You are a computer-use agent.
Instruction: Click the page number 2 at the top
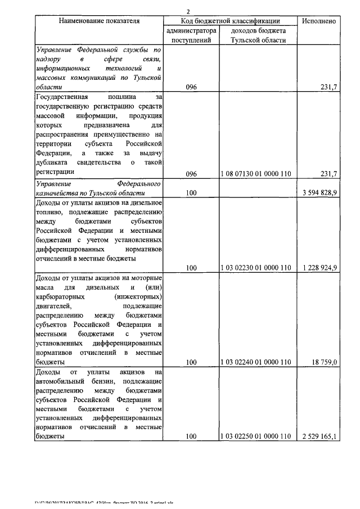189,11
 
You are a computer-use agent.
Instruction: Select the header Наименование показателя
99,21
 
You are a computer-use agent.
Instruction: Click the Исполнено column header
319,21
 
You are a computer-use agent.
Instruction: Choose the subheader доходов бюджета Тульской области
258,35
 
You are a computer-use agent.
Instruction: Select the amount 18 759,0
324,362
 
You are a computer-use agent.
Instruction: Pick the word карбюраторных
60,296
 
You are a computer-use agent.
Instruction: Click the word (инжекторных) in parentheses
138,296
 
